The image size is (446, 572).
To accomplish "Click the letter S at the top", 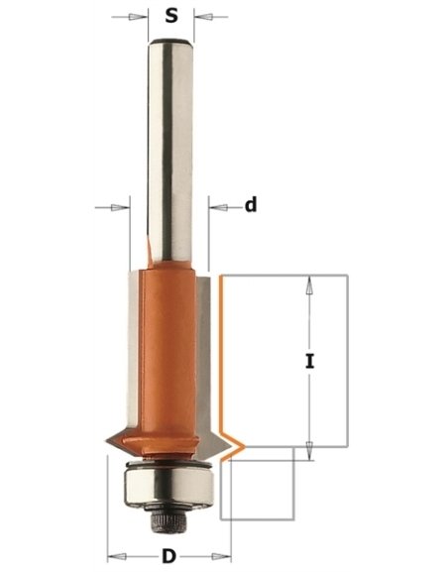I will pos(170,17).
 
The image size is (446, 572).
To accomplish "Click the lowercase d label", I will pos(251,205).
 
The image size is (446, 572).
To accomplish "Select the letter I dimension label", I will pos(309,362).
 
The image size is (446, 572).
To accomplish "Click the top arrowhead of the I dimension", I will pos(309,284).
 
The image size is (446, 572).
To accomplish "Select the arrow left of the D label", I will pos(119,555).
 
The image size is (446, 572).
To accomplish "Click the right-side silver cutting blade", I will pos(204,347).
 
